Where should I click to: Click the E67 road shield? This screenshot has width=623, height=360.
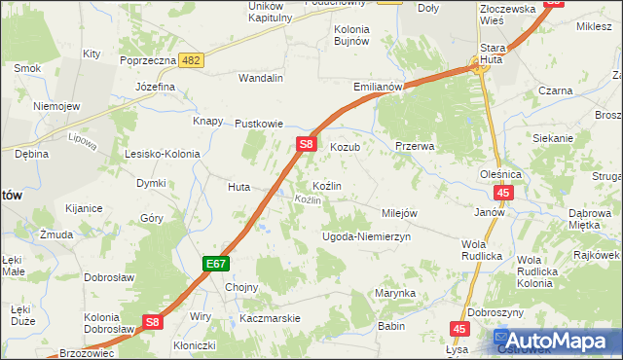pyautogui.click(x=216, y=264)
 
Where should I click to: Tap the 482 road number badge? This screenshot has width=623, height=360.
pyautogui.click(x=192, y=60)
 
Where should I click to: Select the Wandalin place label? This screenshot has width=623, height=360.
pyautogui.click(x=261, y=78)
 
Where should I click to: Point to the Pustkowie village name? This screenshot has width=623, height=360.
pyautogui.click(x=259, y=124)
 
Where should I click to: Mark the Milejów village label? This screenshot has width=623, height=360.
pyautogui.click(x=400, y=213)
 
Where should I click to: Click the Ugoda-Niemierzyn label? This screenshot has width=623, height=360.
pyautogui.click(x=367, y=236)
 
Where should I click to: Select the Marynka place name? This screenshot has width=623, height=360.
pyautogui.click(x=396, y=293)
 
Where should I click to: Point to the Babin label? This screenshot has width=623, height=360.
pyautogui.click(x=391, y=327)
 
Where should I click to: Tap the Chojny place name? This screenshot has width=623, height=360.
pyautogui.click(x=241, y=287)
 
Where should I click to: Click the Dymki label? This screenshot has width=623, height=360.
pyautogui.click(x=150, y=183)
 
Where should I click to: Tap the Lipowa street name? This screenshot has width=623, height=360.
pyautogui.click(x=85, y=142)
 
